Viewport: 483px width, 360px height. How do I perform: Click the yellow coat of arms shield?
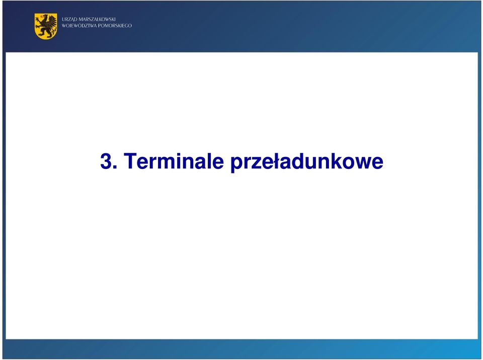pyautogui.click(x=46, y=26)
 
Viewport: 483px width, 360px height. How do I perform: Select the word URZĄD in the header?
pyautogui.click(x=69, y=20)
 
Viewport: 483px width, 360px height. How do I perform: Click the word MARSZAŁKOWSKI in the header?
pyautogui.click(x=97, y=20)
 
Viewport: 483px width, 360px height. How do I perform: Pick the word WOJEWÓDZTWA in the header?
pyautogui.click(x=79, y=26)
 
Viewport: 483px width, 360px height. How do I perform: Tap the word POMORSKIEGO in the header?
pyautogui.click(x=115, y=26)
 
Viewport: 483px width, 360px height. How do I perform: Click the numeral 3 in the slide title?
pyautogui.click(x=106, y=161)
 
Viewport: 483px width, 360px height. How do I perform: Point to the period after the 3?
pyautogui.click(x=115, y=167)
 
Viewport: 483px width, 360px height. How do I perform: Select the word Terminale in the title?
pyautogui.click(x=174, y=161)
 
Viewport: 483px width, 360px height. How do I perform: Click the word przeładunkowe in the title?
pyautogui.click(x=307, y=162)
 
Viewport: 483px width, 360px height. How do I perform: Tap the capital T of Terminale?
pyautogui.click(x=130, y=161)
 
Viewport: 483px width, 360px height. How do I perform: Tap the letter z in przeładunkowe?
pyautogui.click(x=254, y=163)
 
